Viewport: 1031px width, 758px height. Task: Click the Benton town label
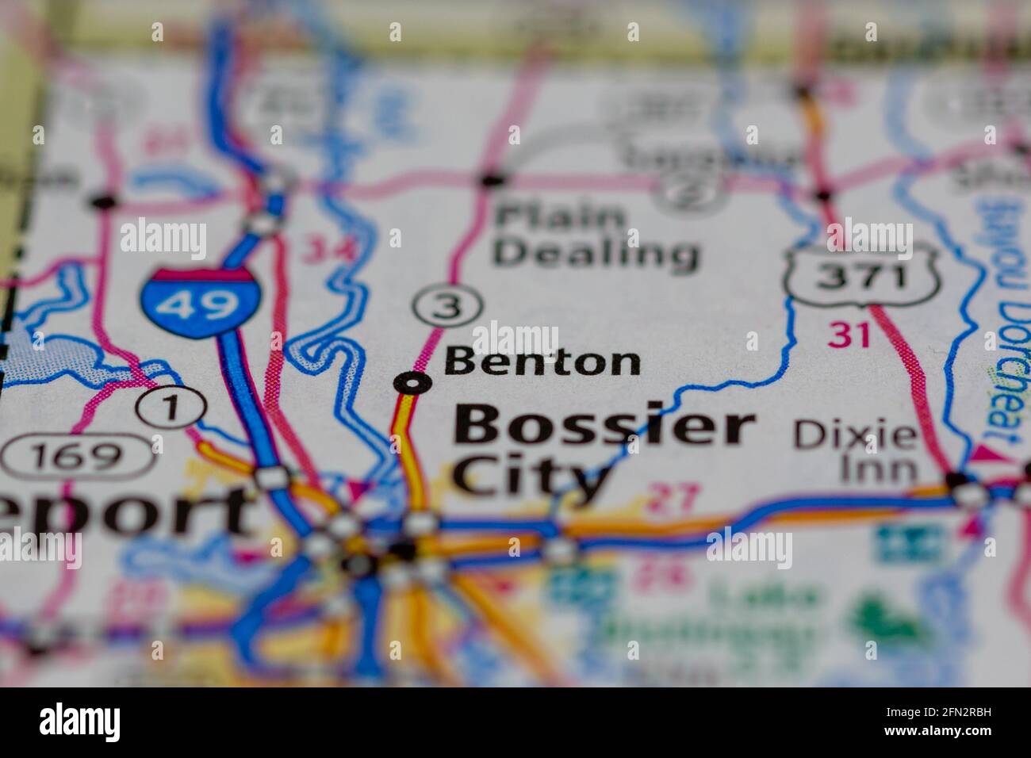pyautogui.click(x=542, y=362)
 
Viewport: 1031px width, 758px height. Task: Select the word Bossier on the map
pyautogui.click(x=604, y=427)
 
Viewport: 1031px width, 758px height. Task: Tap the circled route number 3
pyautogui.click(x=448, y=306)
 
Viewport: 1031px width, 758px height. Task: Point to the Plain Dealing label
pyautogui.click(x=595, y=235)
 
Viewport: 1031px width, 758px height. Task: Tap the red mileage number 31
pyautogui.click(x=849, y=335)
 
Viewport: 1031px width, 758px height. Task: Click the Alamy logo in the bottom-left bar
pyautogui.click(x=80, y=722)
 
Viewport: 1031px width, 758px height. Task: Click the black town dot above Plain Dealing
pyautogui.click(x=493, y=180)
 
